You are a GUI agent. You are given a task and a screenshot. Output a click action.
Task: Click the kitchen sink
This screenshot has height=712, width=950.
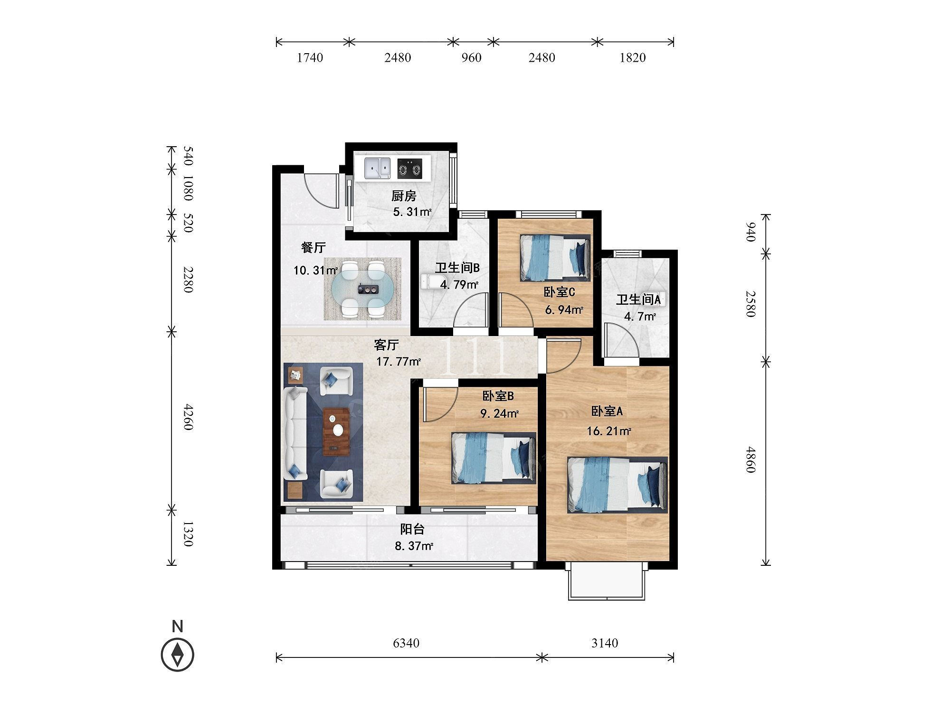pyautogui.click(x=378, y=169)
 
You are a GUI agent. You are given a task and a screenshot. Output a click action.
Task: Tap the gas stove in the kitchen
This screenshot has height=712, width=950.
pyautogui.click(x=410, y=169)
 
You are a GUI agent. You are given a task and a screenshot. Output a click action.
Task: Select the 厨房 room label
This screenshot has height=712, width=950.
pyautogui.click(x=404, y=196)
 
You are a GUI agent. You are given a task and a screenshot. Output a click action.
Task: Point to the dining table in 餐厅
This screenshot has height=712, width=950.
pyautogui.click(x=362, y=289)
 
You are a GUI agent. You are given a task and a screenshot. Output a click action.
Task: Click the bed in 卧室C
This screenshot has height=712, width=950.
pyautogui.click(x=555, y=258)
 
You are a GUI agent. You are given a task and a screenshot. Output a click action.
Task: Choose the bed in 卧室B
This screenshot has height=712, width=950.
pyautogui.click(x=494, y=458)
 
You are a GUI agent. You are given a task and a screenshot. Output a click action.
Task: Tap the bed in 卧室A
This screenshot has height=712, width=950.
pyautogui.click(x=617, y=485)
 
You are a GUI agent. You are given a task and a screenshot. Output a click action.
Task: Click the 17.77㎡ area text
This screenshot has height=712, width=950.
pyautogui.click(x=399, y=362)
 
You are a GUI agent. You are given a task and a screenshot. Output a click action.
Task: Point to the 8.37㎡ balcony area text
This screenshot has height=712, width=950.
pyautogui.click(x=414, y=546)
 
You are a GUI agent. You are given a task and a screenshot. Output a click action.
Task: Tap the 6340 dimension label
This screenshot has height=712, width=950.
pyautogui.click(x=406, y=643)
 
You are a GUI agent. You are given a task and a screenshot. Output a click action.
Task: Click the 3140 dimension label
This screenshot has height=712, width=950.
pyautogui.click(x=605, y=643)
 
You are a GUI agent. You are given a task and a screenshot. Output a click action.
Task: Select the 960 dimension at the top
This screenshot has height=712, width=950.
pyautogui.click(x=471, y=57)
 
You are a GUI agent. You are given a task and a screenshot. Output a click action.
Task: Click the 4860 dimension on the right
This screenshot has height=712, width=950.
pyautogui.click(x=750, y=459)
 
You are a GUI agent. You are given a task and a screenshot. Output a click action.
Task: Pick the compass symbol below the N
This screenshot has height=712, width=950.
pyautogui.click(x=178, y=655)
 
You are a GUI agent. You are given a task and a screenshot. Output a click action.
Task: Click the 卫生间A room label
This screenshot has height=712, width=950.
pyautogui.click(x=638, y=300)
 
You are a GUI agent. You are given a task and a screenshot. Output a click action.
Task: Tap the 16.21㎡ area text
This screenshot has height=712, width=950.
pyautogui.click(x=609, y=431)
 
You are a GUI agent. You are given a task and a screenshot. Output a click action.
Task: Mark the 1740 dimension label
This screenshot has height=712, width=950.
pyautogui.click(x=310, y=57)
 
